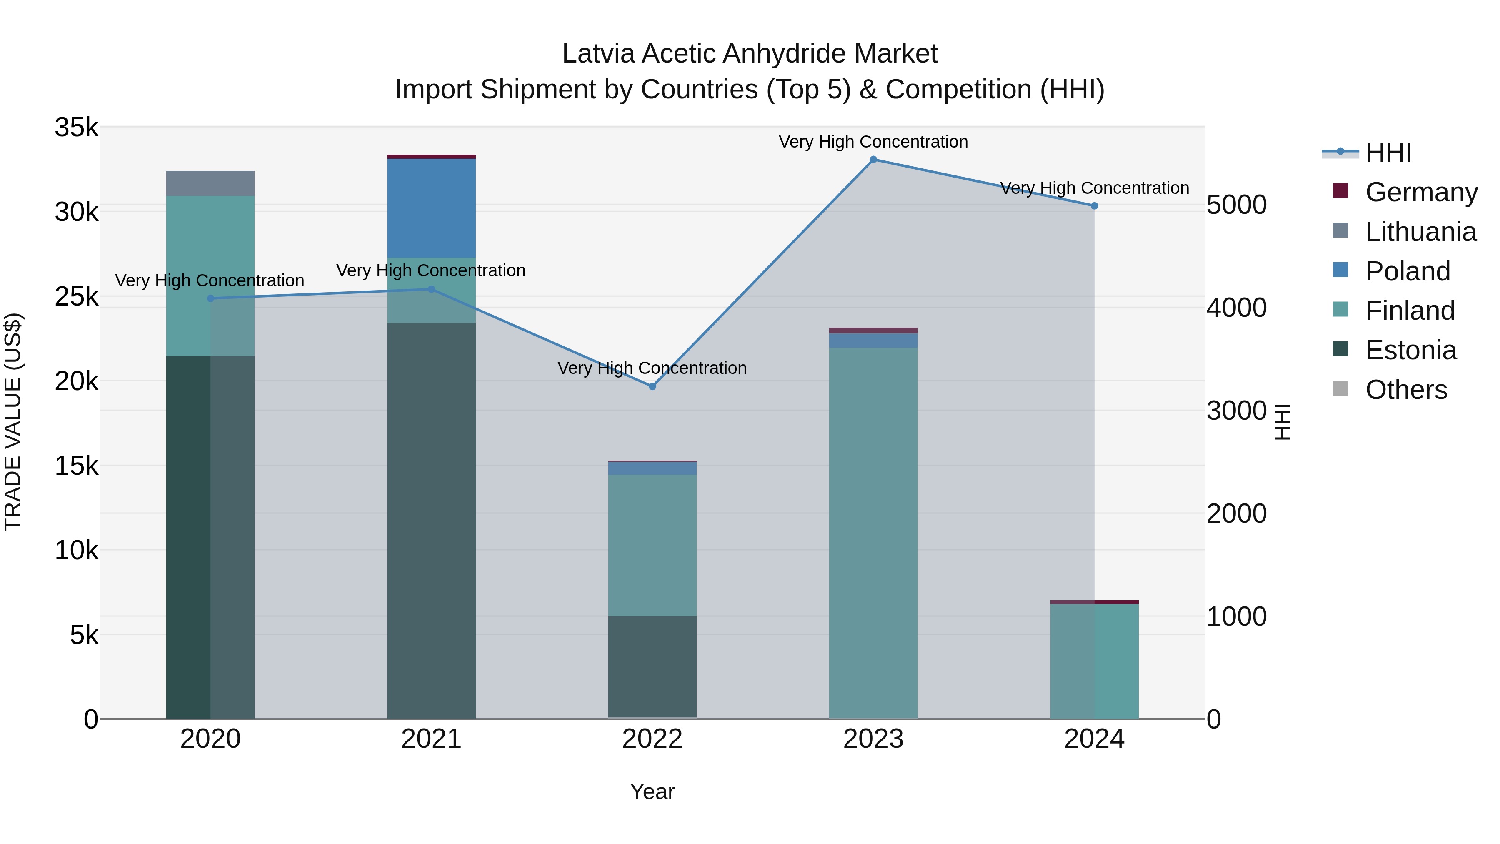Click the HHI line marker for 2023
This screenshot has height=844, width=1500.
tap(873, 160)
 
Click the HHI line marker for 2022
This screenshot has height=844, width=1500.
tap(652, 386)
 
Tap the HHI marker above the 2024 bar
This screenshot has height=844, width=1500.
tap(1094, 205)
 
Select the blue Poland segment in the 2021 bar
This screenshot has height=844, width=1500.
tap(432, 208)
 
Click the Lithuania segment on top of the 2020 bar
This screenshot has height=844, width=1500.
tap(210, 183)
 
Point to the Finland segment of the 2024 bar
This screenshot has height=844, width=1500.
tap(1094, 661)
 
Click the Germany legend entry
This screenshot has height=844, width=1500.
tap(1421, 192)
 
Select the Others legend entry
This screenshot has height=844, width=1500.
tap(1406, 389)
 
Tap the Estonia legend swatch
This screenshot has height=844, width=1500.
tap(1340, 350)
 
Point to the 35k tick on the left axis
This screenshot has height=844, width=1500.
tap(76, 128)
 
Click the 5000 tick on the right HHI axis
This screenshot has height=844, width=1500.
tap(1236, 205)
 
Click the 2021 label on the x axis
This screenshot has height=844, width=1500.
tap(432, 739)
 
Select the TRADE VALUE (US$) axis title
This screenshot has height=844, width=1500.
tap(13, 422)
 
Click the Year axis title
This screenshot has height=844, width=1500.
tap(652, 791)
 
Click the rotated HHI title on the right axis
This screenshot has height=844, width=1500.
tap(1282, 422)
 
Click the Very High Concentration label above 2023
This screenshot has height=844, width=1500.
tap(873, 142)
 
